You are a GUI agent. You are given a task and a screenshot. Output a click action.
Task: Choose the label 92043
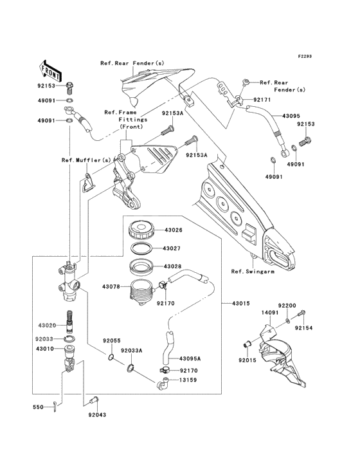pyautogui.click(x=98, y=415)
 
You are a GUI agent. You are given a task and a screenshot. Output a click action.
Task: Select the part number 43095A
pyautogui.click(x=190, y=358)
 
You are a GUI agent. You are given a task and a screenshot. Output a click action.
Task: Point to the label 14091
pyautogui.click(x=269, y=313)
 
